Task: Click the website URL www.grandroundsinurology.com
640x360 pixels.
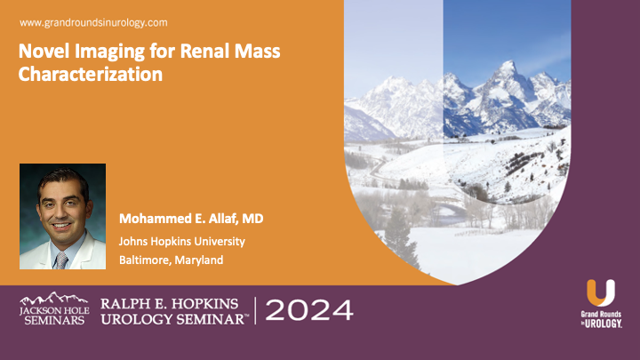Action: point(93,21)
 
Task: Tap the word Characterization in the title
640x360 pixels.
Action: point(91,74)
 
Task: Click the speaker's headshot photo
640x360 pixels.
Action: point(62,216)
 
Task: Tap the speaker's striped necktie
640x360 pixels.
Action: point(60,259)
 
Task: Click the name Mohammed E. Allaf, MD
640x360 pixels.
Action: point(191,219)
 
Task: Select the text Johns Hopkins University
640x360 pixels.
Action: point(182,241)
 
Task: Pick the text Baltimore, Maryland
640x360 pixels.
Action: point(172,260)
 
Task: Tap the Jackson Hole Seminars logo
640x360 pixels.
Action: point(52,308)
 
